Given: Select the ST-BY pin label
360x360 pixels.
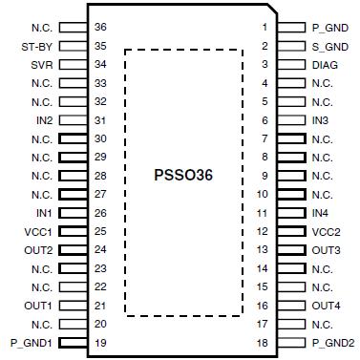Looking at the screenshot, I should [x=36, y=46].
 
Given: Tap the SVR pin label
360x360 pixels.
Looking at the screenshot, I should [x=41, y=65].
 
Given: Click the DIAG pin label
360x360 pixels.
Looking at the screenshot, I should [x=325, y=65].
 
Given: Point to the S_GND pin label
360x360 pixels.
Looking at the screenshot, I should [x=330, y=46].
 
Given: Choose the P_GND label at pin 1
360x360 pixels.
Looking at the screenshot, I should [x=330, y=28].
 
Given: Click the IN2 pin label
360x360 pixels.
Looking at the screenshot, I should [x=43, y=120].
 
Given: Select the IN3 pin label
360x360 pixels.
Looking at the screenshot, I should [x=321, y=120].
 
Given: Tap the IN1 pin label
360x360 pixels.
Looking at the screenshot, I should [x=43, y=213].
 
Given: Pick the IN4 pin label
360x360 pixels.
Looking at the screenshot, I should [x=321, y=213].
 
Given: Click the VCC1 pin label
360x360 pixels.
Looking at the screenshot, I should [x=38, y=231].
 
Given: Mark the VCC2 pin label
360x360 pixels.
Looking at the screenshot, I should [x=326, y=231].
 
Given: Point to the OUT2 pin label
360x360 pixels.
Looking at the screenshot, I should [x=38, y=250].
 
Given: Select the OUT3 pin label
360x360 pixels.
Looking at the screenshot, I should [x=326, y=250].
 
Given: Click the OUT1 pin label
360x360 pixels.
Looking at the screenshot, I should [x=38, y=306].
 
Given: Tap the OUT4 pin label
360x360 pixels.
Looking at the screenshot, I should [x=326, y=306].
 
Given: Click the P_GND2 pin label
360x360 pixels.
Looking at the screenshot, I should [x=333, y=343].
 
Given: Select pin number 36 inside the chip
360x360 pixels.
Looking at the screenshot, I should [x=100, y=28].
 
